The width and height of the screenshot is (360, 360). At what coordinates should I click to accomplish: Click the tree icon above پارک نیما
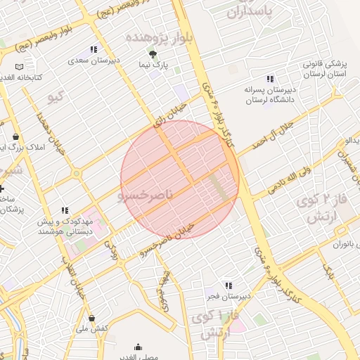pyautogui.click(x=153, y=54)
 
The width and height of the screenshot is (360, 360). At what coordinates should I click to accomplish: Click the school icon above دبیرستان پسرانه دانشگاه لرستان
pyautogui.click(x=270, y=79)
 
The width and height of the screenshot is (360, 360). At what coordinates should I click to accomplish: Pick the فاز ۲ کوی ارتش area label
pyautogui.click(x=319, y=209)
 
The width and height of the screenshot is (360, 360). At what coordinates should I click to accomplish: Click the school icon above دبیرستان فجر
pyautogui.click(x=229, y=285)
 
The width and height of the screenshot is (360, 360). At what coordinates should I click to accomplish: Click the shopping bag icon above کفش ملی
pyautogui.click(x=91, y=318)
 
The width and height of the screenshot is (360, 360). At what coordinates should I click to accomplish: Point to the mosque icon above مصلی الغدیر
pyautogui.click(x=138, y=347)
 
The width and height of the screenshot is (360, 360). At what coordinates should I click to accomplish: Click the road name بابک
pyautogui.click(x=328, y=267)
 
